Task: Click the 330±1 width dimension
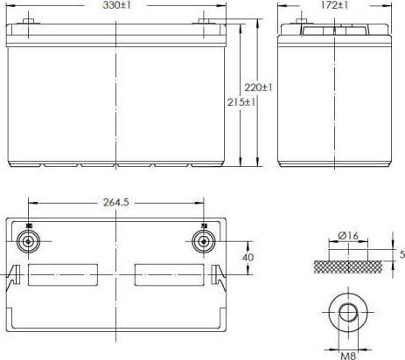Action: click(116, 5)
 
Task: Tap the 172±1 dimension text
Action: click(334, 5)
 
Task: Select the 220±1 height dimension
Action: click(258, 87)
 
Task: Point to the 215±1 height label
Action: click(241, 102)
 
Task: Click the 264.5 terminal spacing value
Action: click(116, 203)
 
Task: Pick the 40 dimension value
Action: click(248, 258)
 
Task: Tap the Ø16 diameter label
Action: click(348, 236)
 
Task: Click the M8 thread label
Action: click(348, 356)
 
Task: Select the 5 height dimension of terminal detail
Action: click(402, 254)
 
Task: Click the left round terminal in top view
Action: click(28, 241)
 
